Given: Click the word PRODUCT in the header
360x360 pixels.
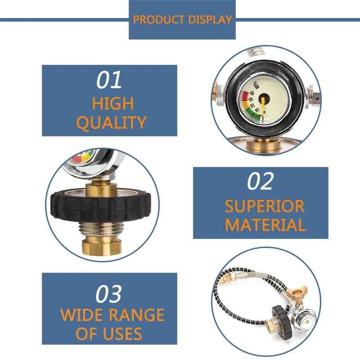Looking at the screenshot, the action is pyautogui.click(x=159, y=20).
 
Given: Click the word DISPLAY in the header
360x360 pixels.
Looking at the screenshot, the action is pyautogui.click(x=210, y=20).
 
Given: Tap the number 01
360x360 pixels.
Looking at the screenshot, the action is pyautogui.click(x=109, y=80).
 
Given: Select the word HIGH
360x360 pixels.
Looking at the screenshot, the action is pyautogui.click(x=113, y=103).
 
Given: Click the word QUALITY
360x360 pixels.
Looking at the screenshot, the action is pyautogui.click(x=111, y=123).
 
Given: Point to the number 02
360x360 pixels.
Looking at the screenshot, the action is pyautogui.click(x=261, y=181).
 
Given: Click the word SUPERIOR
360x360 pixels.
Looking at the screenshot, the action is pyautogui.click(x=265, y=206).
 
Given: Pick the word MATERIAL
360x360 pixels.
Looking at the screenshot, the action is pyautogui.click(x=265, y=225).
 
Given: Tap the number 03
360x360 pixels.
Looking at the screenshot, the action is pyautogui.click(x=108, y=294).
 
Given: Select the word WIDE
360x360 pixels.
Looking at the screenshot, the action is pyautogui.click(x=82, y=315).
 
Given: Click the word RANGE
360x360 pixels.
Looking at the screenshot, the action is pyautogui.click(x=137, y=315).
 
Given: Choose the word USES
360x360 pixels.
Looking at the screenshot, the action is pyautogui.click(x=122, y=333).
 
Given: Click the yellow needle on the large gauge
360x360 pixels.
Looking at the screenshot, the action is pyautogui.click(x=263, y=106).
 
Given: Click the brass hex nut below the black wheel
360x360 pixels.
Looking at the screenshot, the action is pyautogui.click(x=102, y=247).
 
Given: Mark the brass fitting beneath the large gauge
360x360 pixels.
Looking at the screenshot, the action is pyautogui.click(x=263, y=144).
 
